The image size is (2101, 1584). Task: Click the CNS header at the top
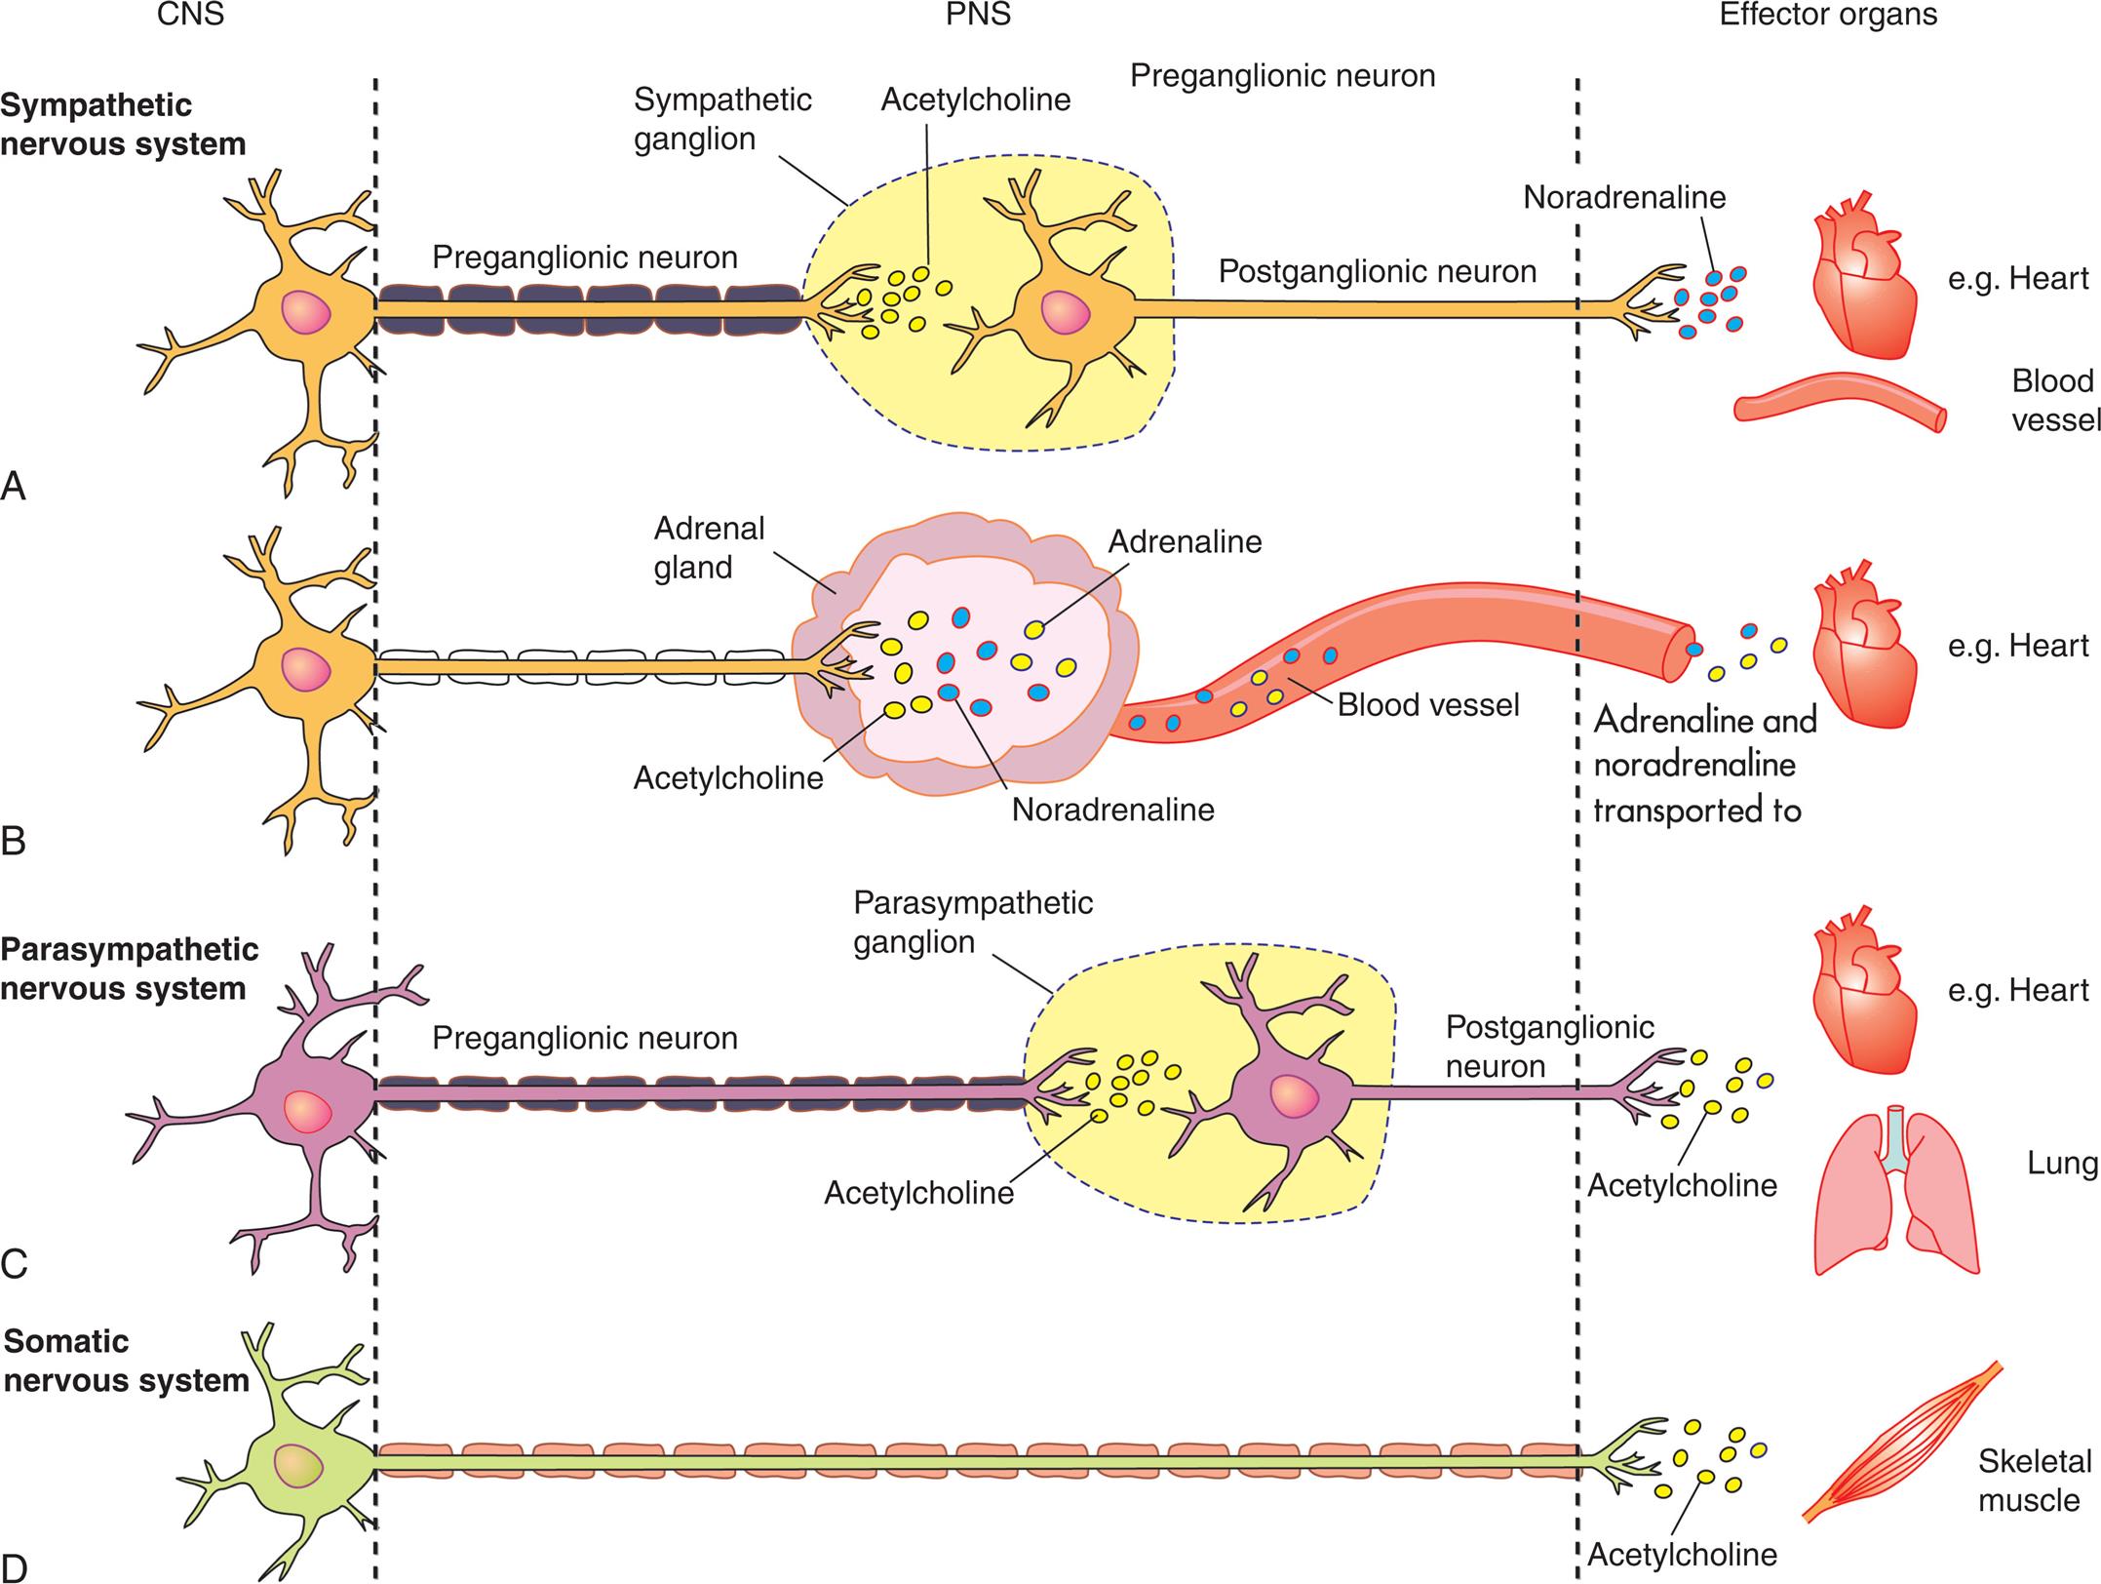pos(192,16)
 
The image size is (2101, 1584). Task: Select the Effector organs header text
pos(1828,16)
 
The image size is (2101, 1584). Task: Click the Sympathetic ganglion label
pos(721,119)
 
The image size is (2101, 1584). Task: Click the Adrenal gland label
pos(709,547)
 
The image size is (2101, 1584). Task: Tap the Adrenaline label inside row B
pos(1184,541)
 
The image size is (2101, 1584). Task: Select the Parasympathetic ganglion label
pos(972,922)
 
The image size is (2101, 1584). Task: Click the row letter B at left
pos(14,841)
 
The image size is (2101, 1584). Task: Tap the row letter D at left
pos(14,1566)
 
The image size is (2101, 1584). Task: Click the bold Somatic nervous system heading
pos(125,1361)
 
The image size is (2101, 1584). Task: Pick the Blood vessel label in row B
pos(1427,704)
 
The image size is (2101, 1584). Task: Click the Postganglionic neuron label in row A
pos(1377,271)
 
